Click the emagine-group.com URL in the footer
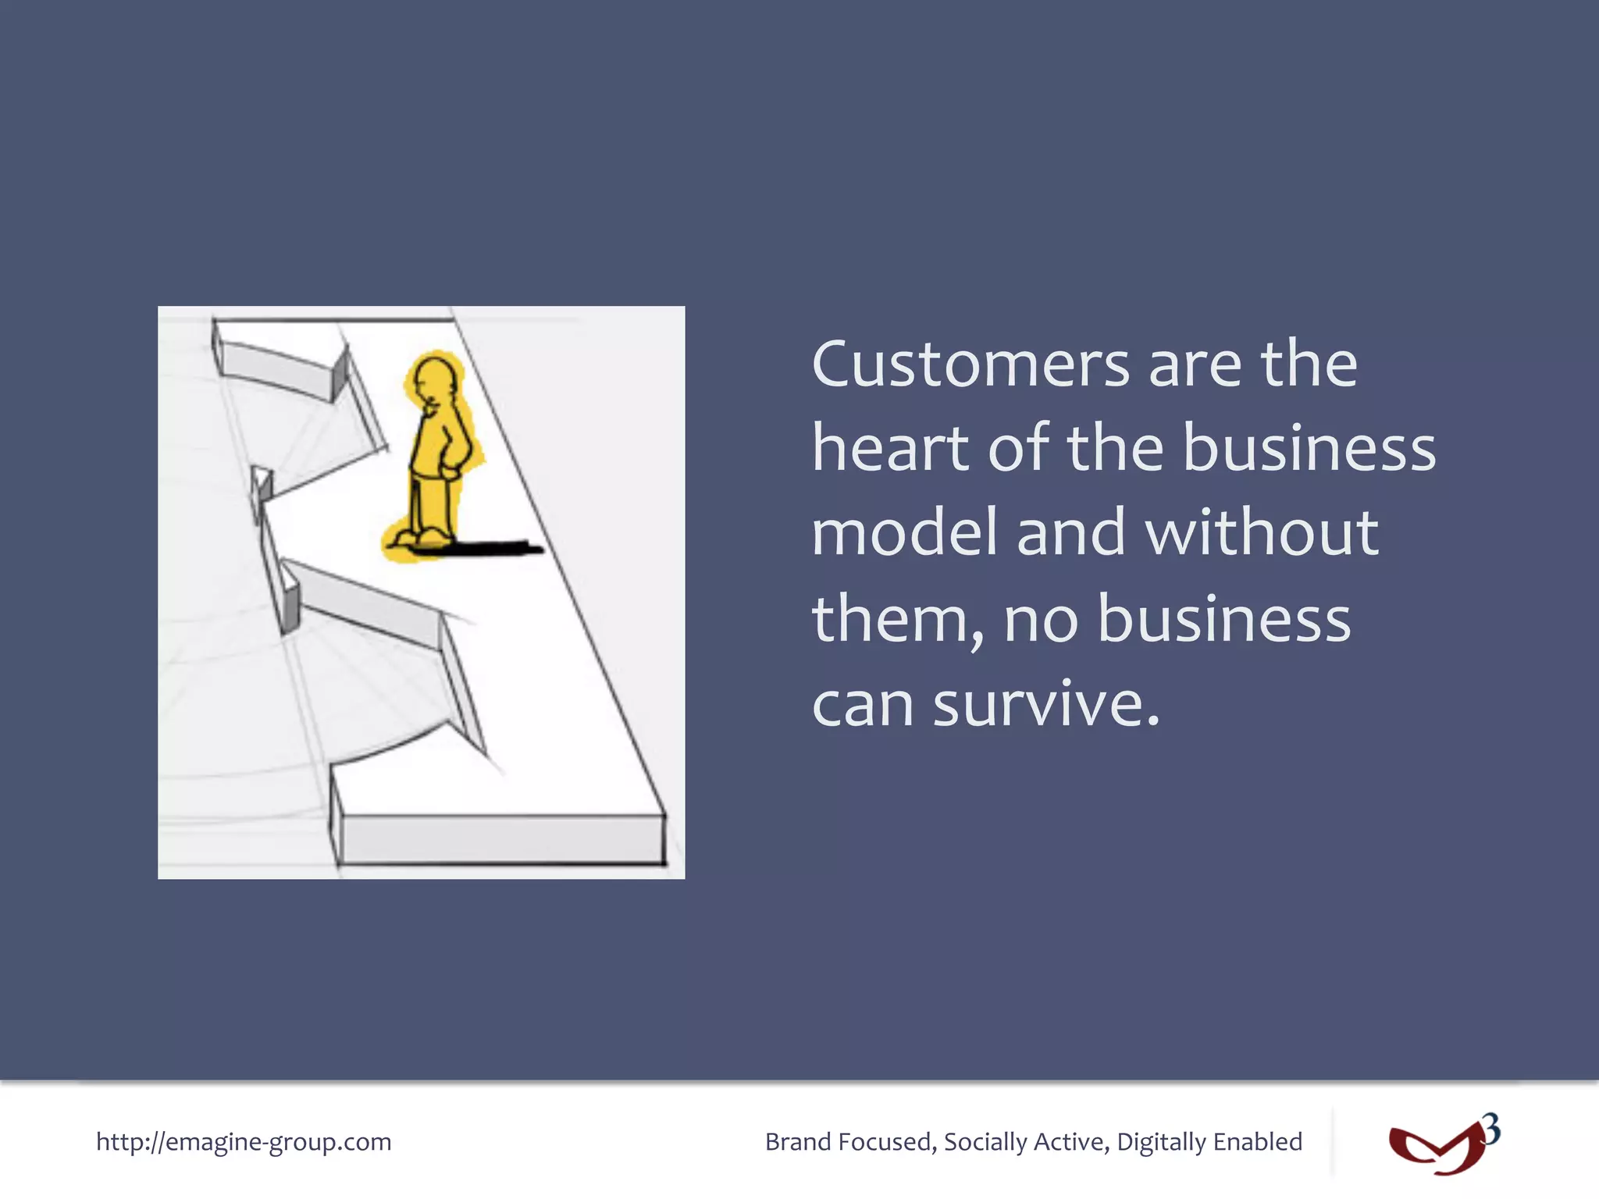pos(244,1142)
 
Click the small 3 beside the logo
pos(1491,1130)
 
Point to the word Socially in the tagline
pos(985,1142)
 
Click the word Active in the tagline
pos(1070,1142)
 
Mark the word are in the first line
pos(1195,365)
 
